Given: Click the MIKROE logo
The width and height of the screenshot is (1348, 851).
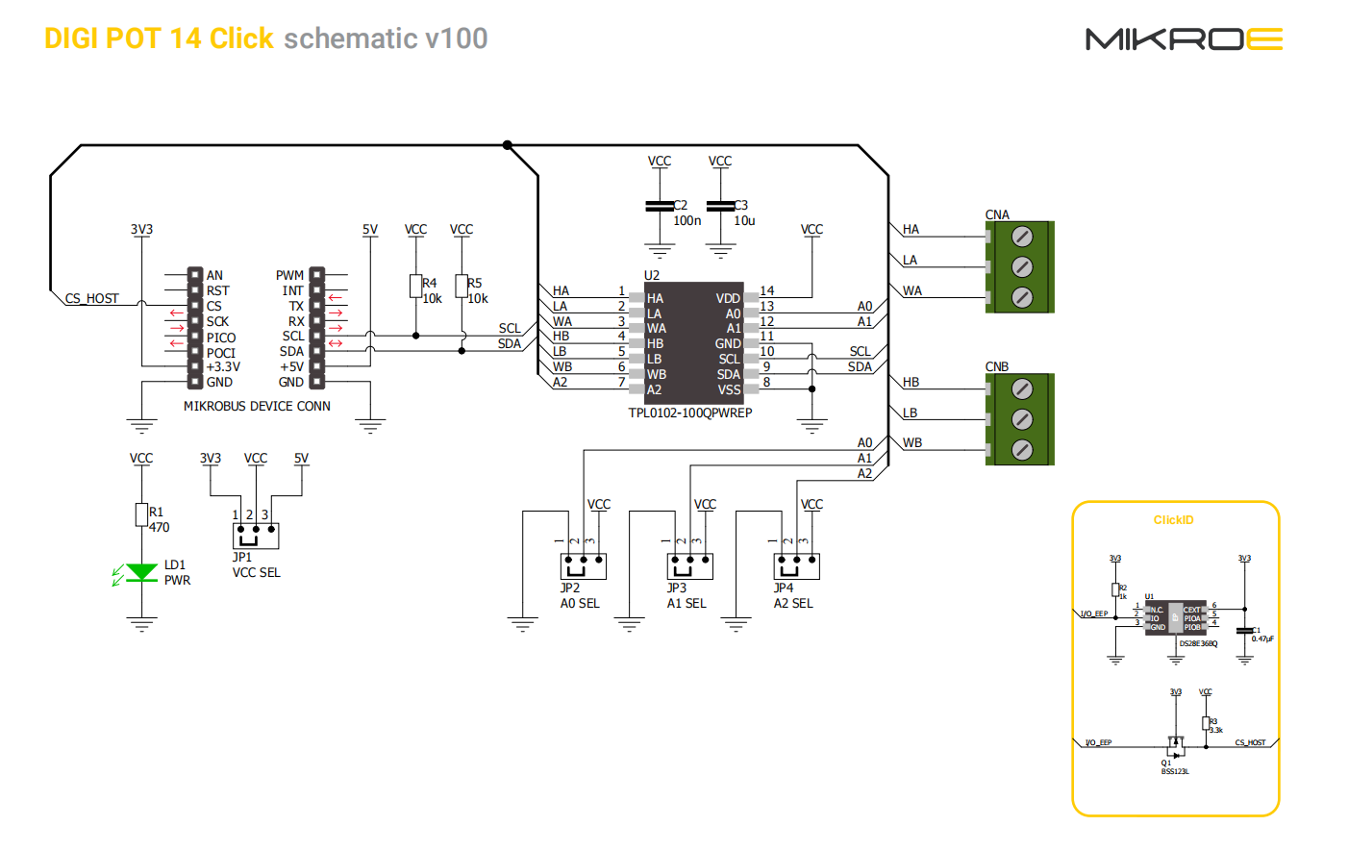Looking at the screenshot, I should [1184, 39].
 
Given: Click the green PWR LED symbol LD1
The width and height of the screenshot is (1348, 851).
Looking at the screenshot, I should [142, 573].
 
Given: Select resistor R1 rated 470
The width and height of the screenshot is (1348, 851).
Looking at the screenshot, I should [141, 514].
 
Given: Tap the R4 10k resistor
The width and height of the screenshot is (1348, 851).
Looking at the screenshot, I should [415, 286].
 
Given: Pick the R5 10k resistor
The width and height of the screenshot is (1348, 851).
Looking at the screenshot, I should [462, 286].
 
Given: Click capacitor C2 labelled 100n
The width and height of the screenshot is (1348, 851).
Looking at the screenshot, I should [660, 206].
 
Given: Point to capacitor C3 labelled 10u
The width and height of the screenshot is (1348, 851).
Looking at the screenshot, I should [720, 206].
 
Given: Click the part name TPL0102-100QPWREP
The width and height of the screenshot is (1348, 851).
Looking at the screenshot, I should [689, 413].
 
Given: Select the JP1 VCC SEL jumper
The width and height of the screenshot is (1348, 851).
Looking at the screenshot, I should [256, 535].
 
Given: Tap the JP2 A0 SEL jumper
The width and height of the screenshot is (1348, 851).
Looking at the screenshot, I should [584, 565].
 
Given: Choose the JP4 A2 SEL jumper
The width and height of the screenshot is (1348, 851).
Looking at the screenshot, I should [797, 565].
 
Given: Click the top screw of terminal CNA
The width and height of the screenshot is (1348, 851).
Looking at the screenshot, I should [1022, 236].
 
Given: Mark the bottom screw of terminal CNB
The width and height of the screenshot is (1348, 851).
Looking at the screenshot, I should [1022, 449].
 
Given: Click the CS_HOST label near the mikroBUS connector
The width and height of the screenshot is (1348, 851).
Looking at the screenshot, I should [92, 298].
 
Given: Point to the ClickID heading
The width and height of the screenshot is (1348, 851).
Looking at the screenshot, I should [1173, 520].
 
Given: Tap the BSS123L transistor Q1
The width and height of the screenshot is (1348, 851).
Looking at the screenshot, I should [1175, 746].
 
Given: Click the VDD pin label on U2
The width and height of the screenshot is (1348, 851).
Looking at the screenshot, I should [728, 298].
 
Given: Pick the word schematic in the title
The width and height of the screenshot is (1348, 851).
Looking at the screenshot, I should [350, 38].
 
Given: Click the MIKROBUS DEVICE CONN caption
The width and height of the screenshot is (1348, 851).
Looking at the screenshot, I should [257, 407].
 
